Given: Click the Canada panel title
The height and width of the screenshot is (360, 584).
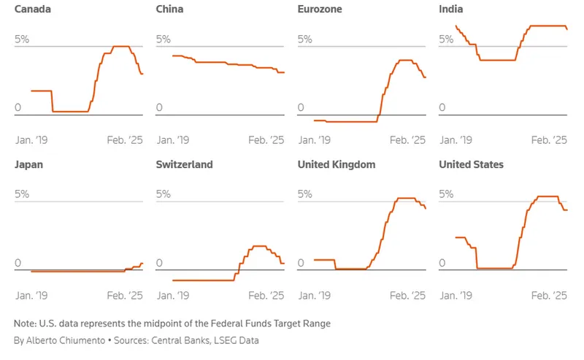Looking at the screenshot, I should coord(31,9).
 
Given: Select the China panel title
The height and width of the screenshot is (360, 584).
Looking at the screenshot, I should coord(170,9).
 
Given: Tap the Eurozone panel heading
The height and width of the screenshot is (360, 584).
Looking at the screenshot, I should coord(319,9).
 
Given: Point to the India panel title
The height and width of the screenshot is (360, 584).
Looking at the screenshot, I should coord(450,9).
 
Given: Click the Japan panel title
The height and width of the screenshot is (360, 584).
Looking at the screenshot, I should coord(29,165).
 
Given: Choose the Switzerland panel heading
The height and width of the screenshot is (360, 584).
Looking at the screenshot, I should coord(184,165).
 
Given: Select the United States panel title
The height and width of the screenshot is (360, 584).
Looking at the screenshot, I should coord(471,165).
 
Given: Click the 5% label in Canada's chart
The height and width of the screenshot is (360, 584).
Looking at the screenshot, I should coord(22,39).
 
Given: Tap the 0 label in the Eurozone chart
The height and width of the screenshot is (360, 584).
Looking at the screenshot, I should coord(300,108).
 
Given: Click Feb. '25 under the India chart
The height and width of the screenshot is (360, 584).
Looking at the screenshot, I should coord(549,140).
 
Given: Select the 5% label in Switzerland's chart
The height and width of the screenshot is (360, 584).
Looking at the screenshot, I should coord(164,194).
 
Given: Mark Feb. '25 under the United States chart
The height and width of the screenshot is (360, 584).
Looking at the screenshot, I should coord(549,296).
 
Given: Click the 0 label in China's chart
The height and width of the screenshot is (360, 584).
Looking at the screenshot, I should coord(159,108).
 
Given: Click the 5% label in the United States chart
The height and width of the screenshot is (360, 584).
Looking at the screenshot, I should coord(446,194).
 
